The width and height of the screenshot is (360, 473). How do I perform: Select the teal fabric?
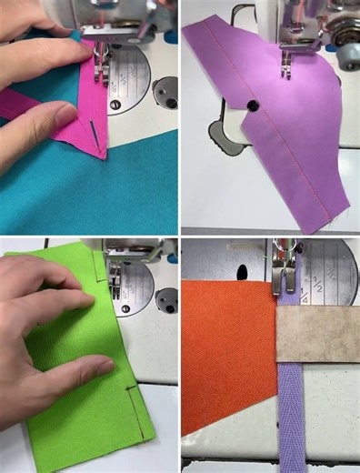pyautogui.click(x=91, y=196)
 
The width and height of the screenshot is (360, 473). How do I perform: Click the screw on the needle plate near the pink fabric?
pyautogui.click(x=115, y=106)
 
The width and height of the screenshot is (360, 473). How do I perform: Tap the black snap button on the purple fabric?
pyautogui.click(x=252, y=106)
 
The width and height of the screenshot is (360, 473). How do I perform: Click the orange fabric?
pyautogui.click(x=227, y=355)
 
